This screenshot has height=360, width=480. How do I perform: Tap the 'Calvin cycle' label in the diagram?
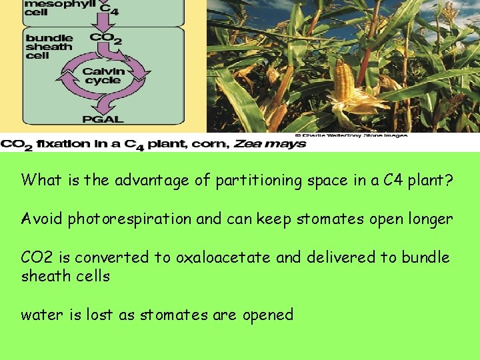pos(103,76)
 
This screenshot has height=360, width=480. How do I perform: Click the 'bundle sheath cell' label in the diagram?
pos(49,47)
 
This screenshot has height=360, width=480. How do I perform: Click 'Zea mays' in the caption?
pos(277,143)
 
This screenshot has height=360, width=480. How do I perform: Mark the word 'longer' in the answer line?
pos(430,219)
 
